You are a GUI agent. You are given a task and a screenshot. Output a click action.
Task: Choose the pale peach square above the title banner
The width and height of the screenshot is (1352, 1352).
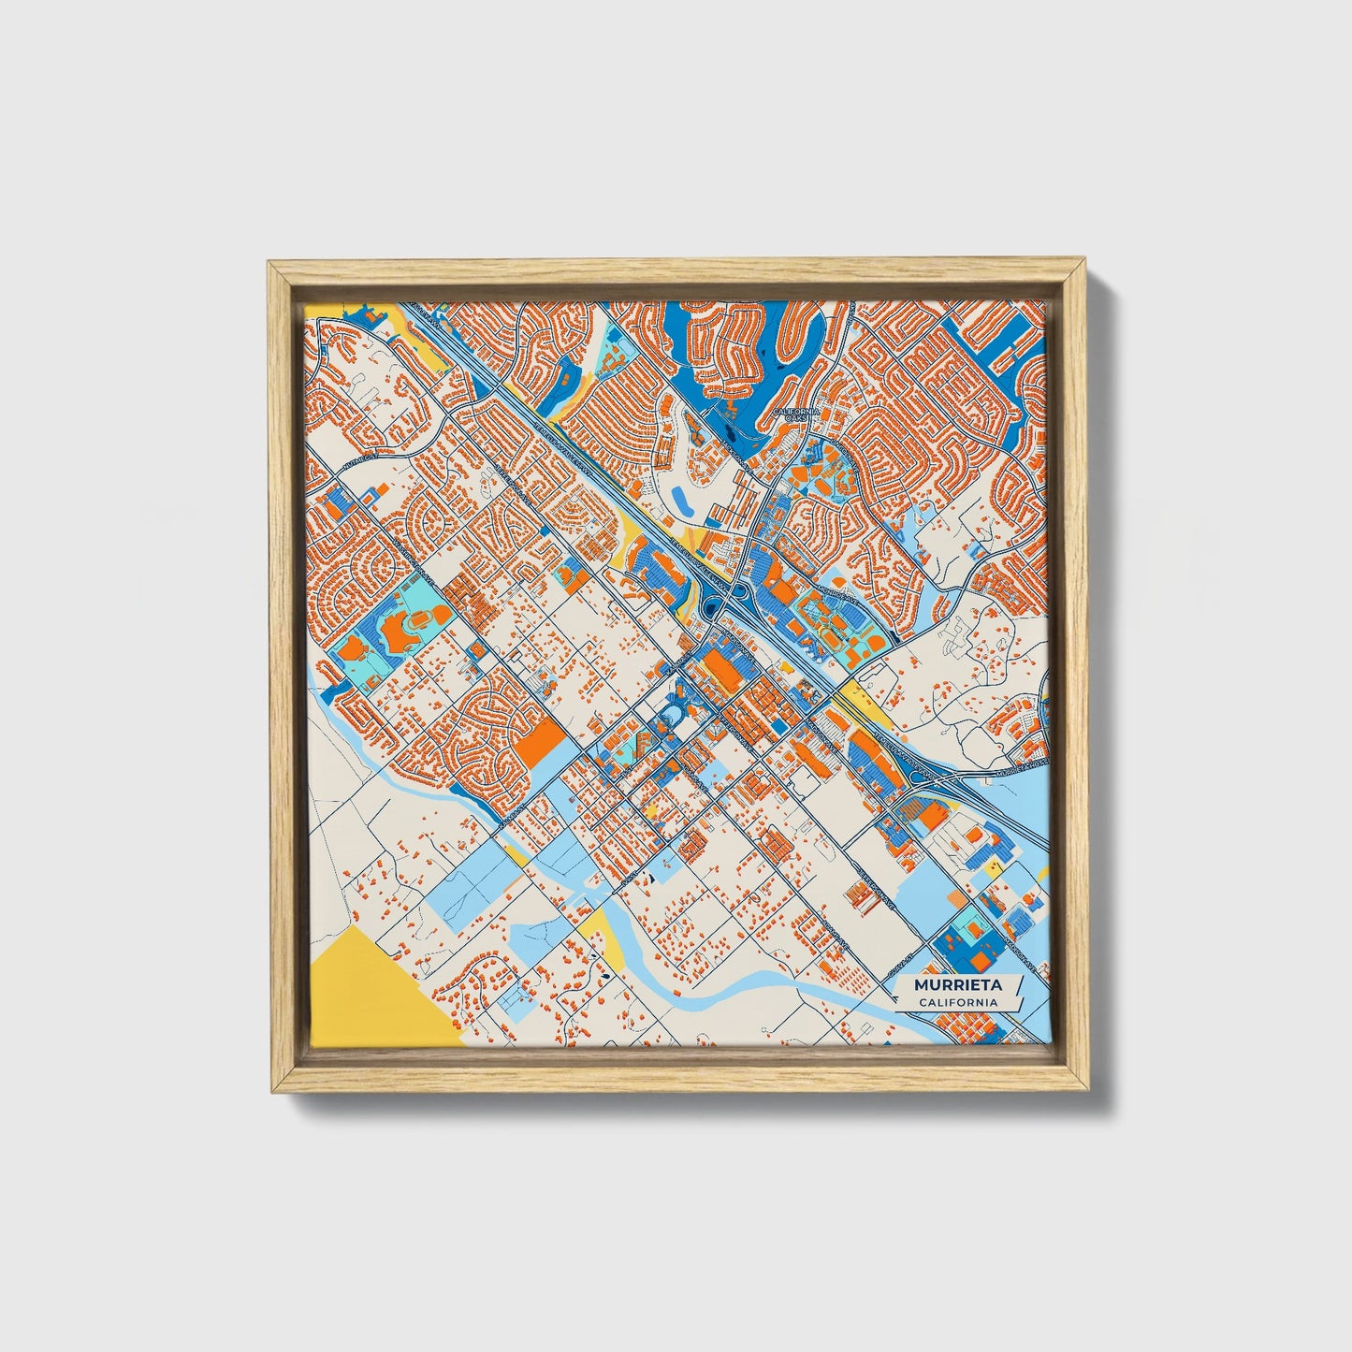point(953,896)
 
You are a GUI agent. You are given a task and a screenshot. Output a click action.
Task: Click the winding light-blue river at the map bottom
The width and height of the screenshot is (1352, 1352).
point(749,982)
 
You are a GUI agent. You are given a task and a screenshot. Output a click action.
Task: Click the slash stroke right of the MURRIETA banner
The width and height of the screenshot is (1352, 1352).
point(1020,987)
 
